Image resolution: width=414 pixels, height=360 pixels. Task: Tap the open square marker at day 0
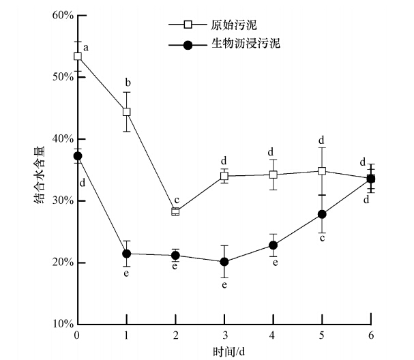click(x=78, y=56)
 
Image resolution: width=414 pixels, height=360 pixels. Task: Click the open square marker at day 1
click(x=126, y=112)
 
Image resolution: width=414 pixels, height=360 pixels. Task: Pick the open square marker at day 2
click(x=175, y=211)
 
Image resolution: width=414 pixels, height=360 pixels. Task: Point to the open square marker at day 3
click(x=224, y=176)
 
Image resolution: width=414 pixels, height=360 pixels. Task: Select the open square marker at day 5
click(x=322, y=171)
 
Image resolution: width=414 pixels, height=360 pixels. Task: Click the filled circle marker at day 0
click(x=78, y=156)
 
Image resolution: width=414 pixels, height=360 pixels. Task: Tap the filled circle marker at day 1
click(x=126, y=254)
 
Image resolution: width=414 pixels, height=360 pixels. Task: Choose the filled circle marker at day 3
click(x=224, y=262)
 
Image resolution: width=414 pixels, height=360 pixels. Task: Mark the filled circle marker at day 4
click(x=273, y=245)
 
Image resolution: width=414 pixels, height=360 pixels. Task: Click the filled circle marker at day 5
click(x=322, y=214)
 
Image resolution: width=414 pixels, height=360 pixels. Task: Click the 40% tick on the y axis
click(x=60, y=139)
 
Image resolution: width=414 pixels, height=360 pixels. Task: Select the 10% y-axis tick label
click(x=60, y=325)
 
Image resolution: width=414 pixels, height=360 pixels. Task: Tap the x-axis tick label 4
click(x=273, y=336)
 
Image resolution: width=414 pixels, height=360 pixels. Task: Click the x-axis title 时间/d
click(x=225, y=350)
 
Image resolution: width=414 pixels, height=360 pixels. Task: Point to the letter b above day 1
click(x=128, y=83)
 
